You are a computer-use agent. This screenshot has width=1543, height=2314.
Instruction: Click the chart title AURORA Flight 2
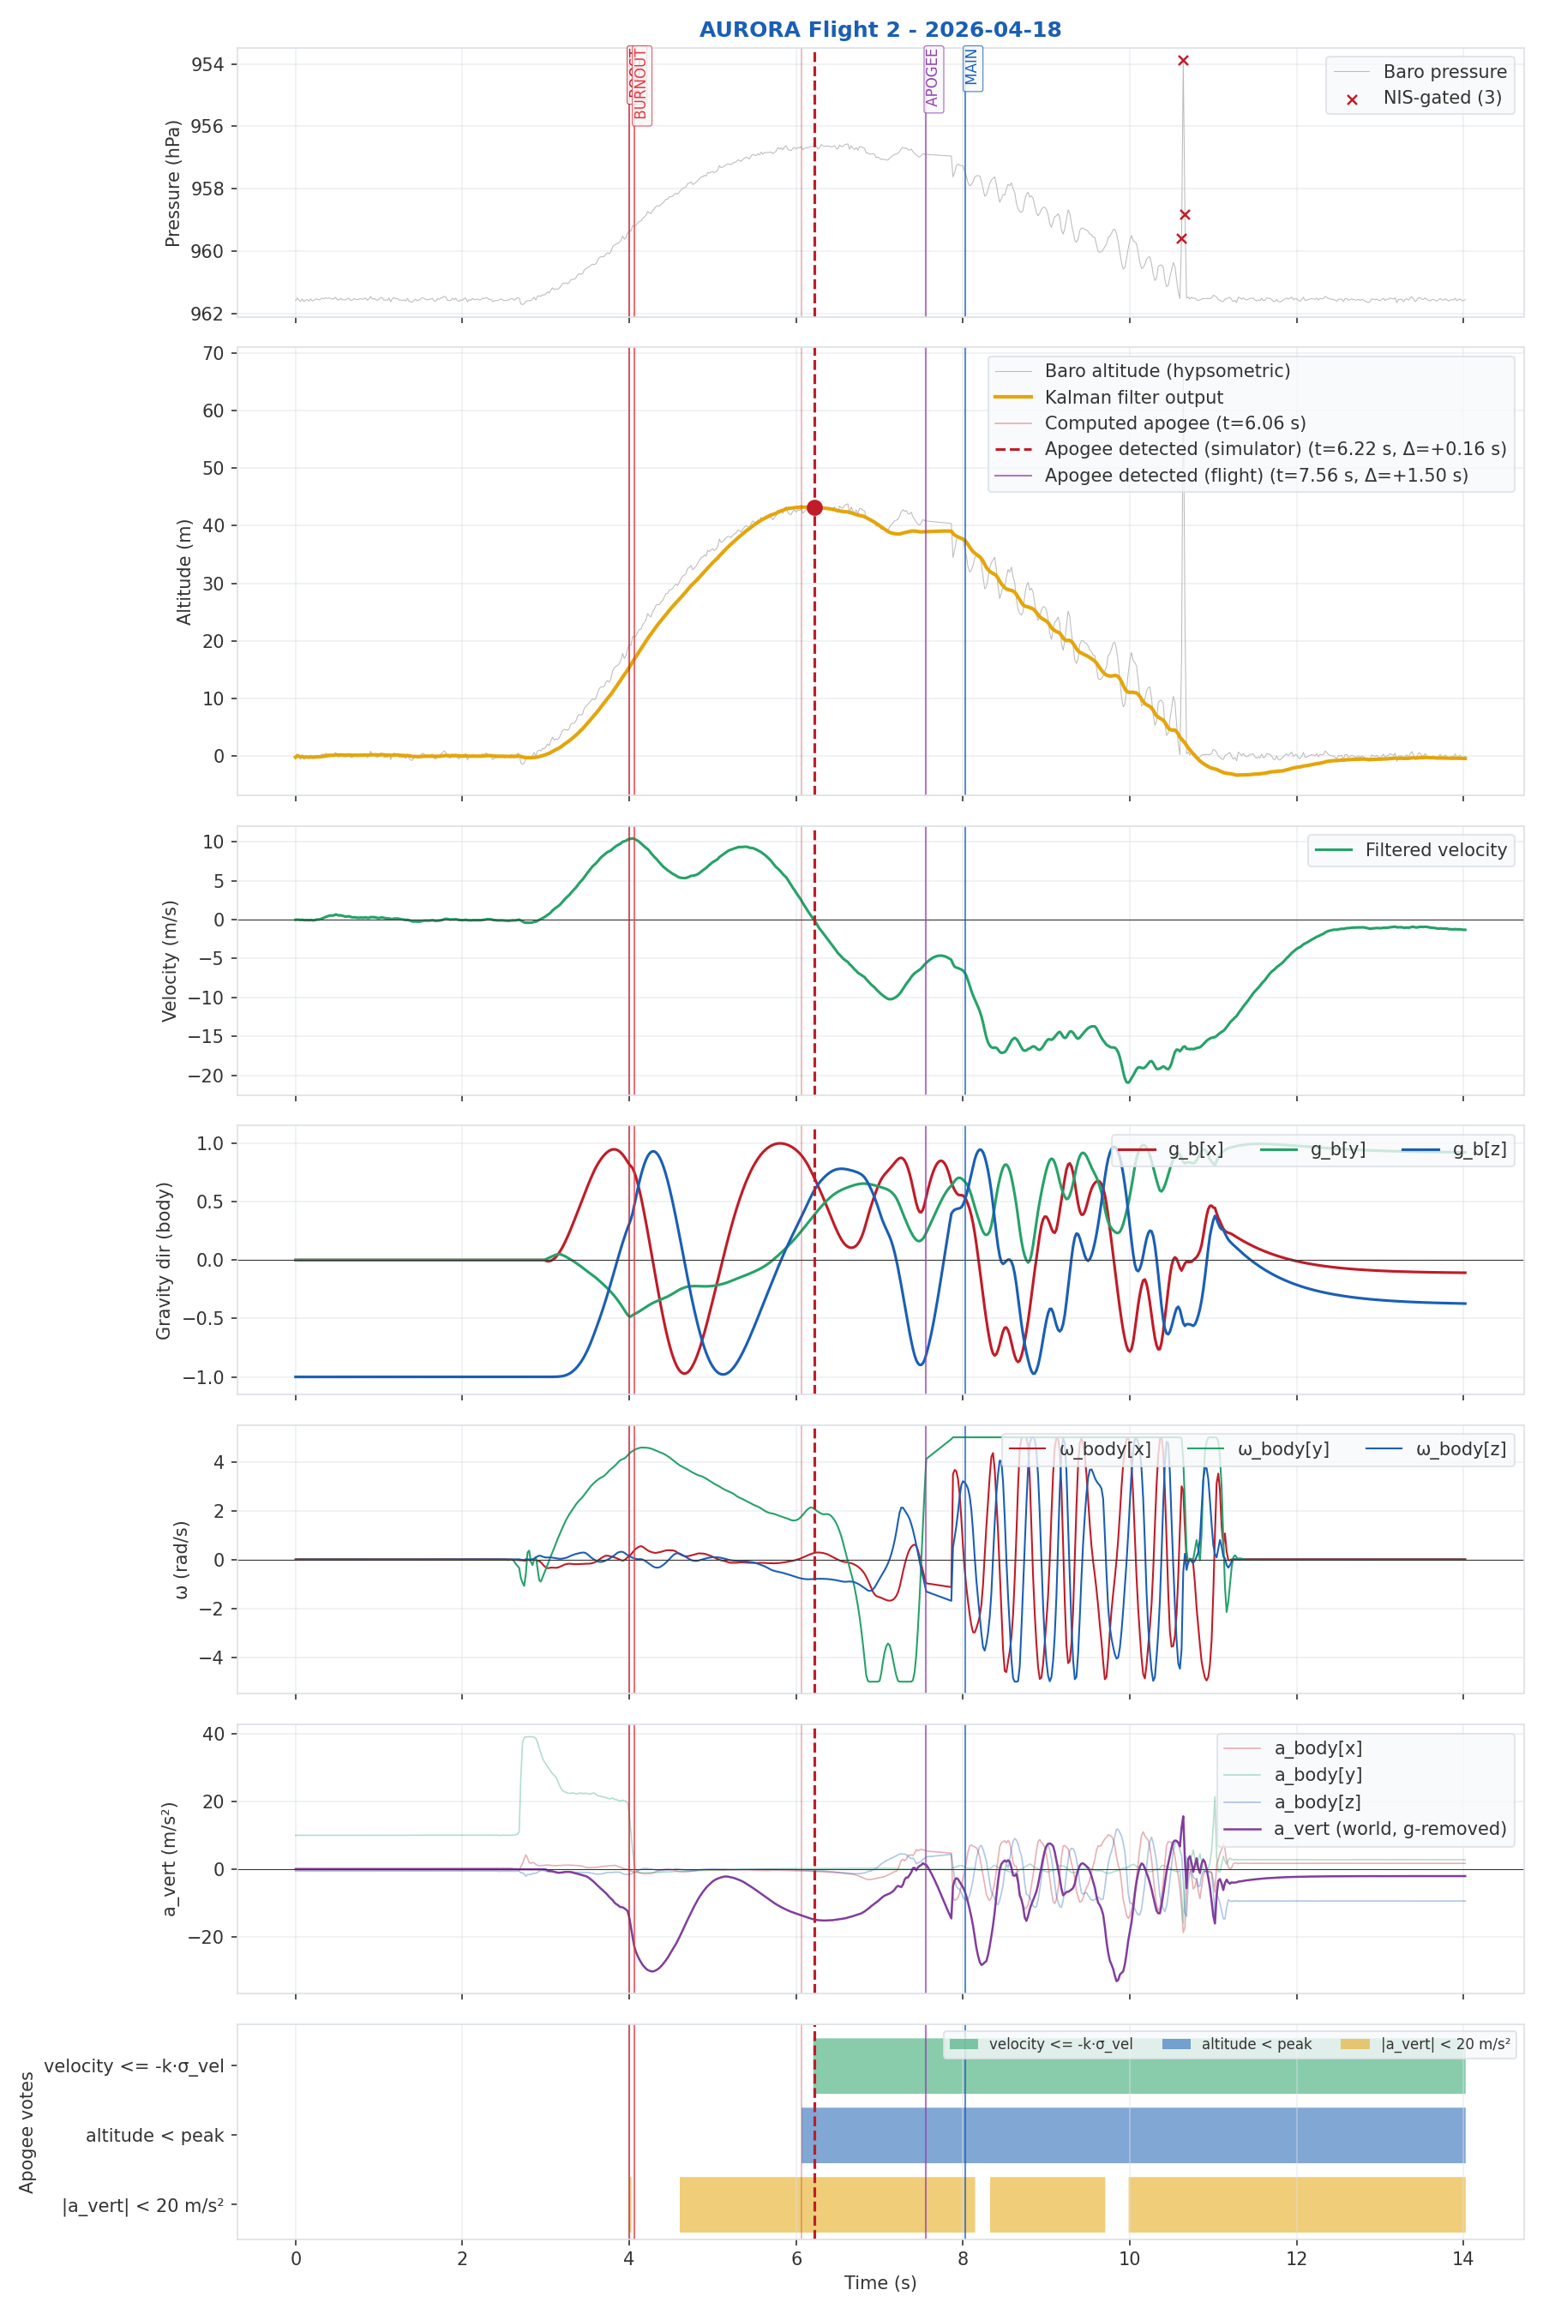(880, 29)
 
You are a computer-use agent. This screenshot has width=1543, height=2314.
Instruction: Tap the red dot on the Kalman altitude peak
(814, 507)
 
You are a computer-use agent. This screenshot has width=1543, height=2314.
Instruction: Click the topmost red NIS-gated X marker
(1183, 61)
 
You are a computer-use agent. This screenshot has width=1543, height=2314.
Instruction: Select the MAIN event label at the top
(971, 67)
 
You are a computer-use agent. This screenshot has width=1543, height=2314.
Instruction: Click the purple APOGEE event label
(932, 78)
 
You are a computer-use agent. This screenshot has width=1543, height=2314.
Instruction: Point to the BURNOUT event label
(640, 85)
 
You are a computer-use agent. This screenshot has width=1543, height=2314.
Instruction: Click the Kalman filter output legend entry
(1132, 398)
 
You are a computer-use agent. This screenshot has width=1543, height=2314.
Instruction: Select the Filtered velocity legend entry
(1435, 850)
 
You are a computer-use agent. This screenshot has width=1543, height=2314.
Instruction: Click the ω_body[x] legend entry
(1104, 1449)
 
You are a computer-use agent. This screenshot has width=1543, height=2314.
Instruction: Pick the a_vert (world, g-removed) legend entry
(1390, 1829)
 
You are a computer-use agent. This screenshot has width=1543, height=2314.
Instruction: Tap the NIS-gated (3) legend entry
(1442, 98)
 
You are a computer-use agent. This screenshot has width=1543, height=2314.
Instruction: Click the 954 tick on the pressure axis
(207, 65)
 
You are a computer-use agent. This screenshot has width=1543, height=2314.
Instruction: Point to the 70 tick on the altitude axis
(213, 353)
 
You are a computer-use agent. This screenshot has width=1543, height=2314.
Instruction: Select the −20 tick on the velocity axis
(206, 1076)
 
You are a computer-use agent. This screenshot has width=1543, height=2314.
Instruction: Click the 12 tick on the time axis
(1296, 2259)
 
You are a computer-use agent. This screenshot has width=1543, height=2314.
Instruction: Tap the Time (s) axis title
(880, 2282)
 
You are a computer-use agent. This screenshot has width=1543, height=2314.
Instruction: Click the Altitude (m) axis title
(184, 572)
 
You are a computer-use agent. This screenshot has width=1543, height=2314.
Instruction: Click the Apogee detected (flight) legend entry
(1256, 475)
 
